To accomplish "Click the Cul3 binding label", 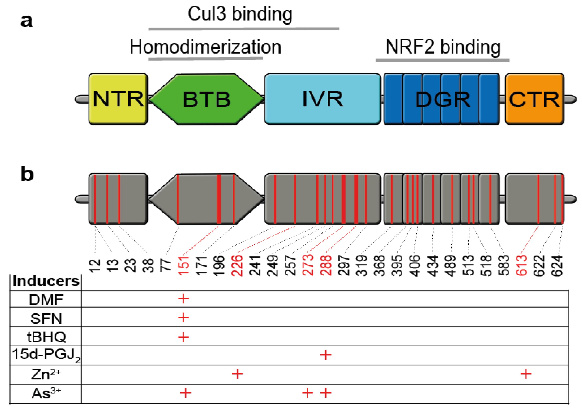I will (x=240, y=14).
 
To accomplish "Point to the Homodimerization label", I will (x=205, y=47).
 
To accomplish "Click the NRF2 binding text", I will (x=443, y=47).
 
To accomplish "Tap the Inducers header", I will (x=46, y=281).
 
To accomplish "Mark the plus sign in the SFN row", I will (x=184, y=318).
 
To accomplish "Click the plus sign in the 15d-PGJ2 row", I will (x=326, y=355).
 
